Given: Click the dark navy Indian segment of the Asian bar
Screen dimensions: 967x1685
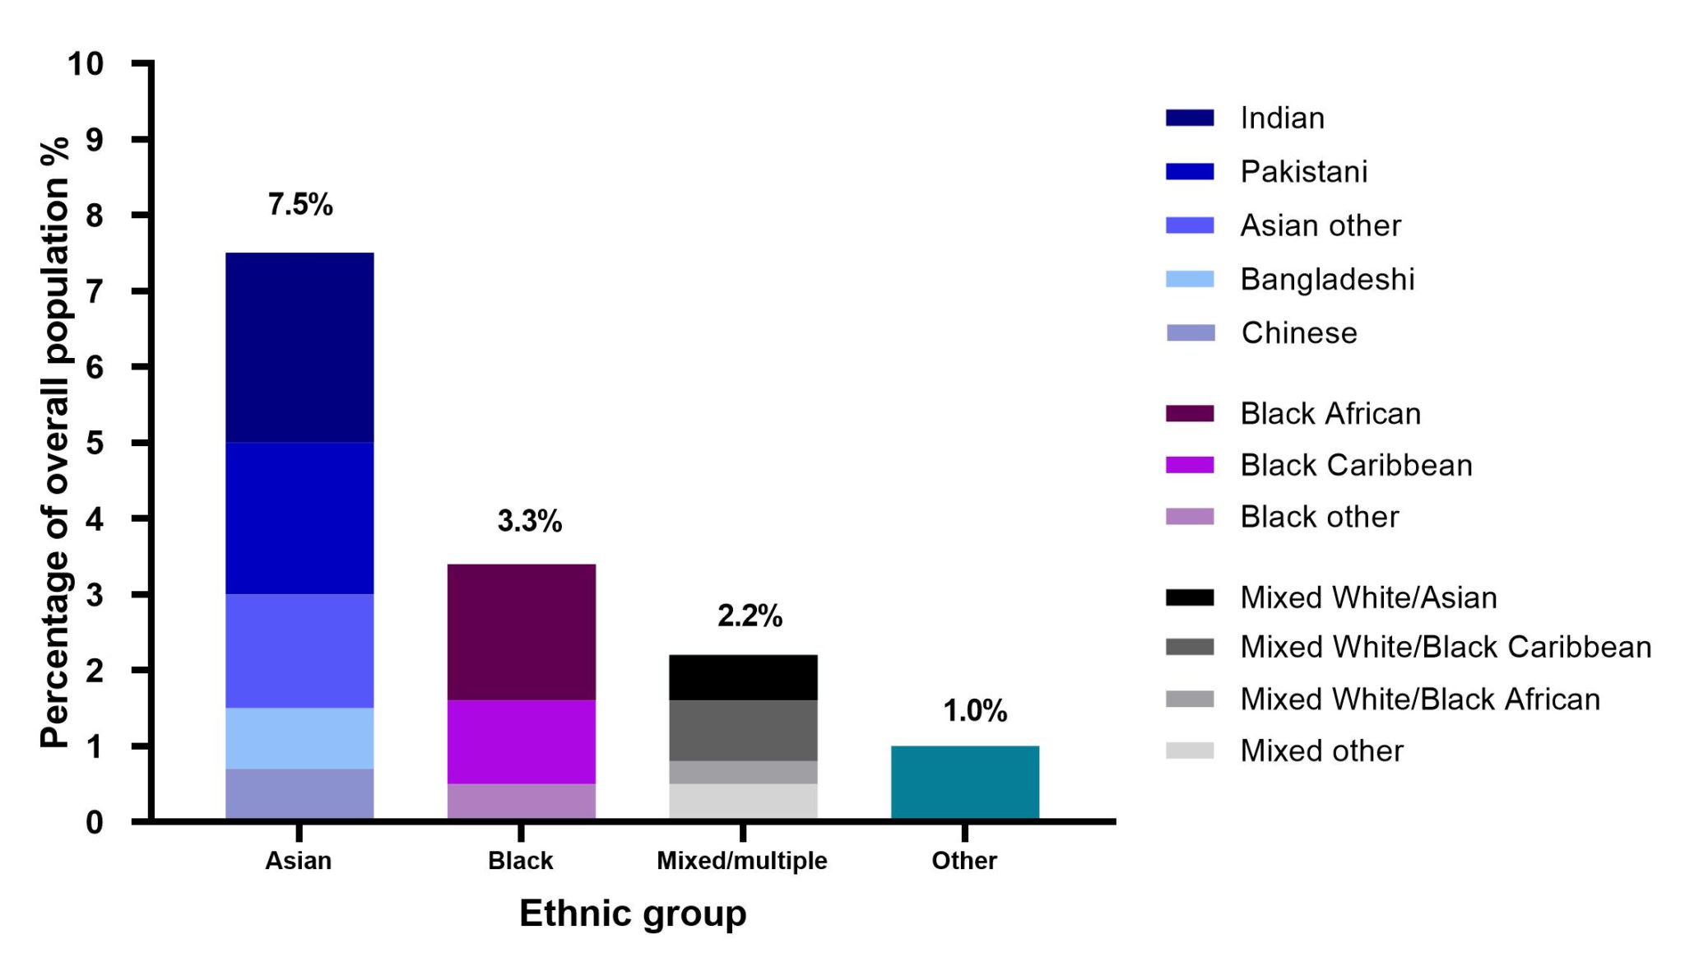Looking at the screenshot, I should click(x=299, y=347).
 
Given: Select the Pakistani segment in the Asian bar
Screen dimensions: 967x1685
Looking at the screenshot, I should click(x=299, y=518).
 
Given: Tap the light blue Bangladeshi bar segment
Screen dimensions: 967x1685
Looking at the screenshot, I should click(x=299, y=738).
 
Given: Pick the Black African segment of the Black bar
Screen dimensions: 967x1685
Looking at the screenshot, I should click(x=521, y=632).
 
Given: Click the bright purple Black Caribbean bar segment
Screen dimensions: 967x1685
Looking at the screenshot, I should click(x=521, y=742).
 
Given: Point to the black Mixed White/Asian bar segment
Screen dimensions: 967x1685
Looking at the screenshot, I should click(x=743, y=677).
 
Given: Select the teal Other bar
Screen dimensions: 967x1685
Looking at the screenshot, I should click(x=964, y=783).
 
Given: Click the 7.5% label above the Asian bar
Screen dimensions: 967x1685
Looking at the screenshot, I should click(x=300, y=204).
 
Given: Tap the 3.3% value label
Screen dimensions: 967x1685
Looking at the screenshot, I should click(x=530, y=521).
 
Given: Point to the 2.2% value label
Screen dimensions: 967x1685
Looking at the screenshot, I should click(x=750, y=616).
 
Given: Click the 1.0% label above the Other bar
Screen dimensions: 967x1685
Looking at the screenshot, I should click(x=975, y=711).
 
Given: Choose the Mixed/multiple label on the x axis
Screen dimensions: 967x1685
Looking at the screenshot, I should click(x=742, y=861).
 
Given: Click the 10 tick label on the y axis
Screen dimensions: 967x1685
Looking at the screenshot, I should click(x=86, y=63).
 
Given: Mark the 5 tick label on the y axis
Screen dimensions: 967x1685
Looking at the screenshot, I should click(x=95, y=443).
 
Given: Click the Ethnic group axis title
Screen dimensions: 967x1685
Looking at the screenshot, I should click(x=633, y=914).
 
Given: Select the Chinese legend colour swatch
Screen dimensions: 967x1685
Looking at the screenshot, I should click(x=1190, y=332).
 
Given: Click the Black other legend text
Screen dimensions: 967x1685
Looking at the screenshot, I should click(x=1319, y=517).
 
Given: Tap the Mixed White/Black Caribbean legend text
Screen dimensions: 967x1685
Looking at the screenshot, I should click(x=1446, y=647).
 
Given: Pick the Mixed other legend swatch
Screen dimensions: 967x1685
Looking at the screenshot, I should click(x=1190, y=751).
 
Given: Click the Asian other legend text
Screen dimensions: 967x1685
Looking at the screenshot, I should click(x=1321, y=225).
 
